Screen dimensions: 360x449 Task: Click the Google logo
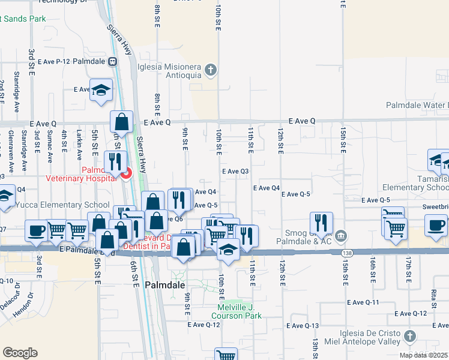pyautogui.click(x=20, y=353)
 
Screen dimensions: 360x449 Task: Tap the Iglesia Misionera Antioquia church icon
pyautogui.click(x=210, y=70)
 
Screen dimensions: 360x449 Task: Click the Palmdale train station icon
pyautogui.click(x=112, y=62)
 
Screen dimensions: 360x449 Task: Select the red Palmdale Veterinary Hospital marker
pyautogui.click(x=126, y=175)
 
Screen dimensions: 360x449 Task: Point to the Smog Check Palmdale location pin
pyautogui.click(x=341, y=235)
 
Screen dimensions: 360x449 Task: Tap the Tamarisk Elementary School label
pyautogui.click(x=418, y=183)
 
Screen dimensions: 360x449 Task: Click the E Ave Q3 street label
pyautogui.click(x=235, y=171)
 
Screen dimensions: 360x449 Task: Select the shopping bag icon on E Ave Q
pyautogui.click(x=121, y=122)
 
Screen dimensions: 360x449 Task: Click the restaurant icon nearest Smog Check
pyautogui.click(x=321, y=223)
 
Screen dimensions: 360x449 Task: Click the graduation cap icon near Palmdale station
pyautogui.click(x=101, y=91)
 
